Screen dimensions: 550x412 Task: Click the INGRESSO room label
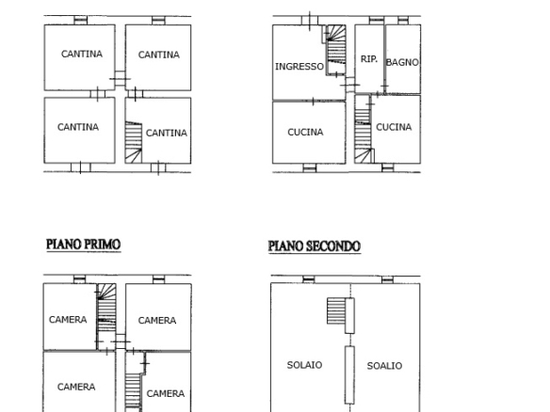coord(299,67)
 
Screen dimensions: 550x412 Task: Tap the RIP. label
coord(369,59)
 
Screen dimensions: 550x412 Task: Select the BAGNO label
coord(402,62)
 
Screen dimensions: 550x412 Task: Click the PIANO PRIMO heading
coord(84,245)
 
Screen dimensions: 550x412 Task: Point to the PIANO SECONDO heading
coord(315,246)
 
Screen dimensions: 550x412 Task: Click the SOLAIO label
coord(304,365)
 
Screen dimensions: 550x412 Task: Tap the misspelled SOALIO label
coord(384,366)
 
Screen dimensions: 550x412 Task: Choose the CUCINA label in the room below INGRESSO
coord(305,132)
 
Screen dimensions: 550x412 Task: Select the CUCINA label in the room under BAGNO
coord(394,127)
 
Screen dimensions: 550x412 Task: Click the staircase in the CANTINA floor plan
coord(134,142)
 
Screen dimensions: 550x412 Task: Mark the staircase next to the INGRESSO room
coord(336,50)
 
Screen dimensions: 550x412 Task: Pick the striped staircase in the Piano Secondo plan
coord(336,311)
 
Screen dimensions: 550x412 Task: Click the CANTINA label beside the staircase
coord(167,134)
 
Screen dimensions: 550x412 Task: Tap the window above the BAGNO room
coord(403,21)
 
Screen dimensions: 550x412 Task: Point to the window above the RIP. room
coord(377,21)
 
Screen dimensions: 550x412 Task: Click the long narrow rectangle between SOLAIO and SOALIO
coord(349,375)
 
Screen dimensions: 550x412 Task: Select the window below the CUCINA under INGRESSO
coord(309,168)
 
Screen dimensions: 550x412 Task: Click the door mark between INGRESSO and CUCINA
coord(314,102)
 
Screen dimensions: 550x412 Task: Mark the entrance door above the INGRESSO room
coord(310,21)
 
